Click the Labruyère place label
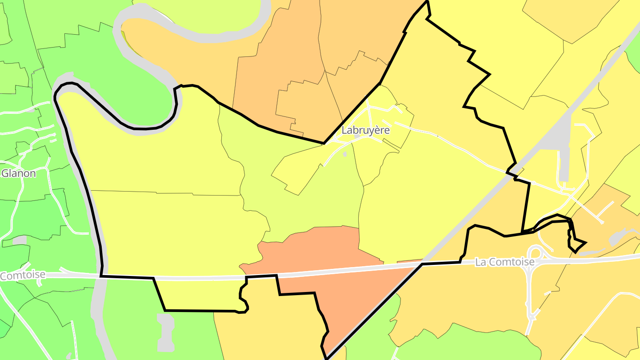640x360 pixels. click(365, 130)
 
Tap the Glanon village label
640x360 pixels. click(19, 173)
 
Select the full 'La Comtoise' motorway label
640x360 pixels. click(504, 262)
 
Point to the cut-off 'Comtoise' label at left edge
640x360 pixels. click(22, 275)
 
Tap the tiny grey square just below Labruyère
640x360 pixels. click(345, 154)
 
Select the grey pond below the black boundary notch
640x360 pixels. click(165, 331)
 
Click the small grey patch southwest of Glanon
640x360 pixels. click(20, 240)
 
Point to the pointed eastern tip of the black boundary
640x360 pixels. click(586, 243)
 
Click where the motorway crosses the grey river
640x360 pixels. click(100, 276)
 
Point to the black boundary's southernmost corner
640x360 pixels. click(327, 358)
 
